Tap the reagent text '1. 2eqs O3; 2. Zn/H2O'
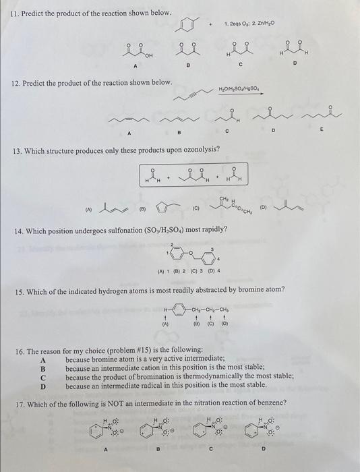point(247,23)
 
